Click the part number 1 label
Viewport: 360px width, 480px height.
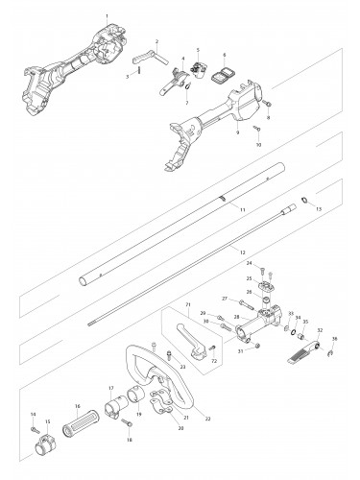120,18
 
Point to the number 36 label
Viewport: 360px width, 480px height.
334,365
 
